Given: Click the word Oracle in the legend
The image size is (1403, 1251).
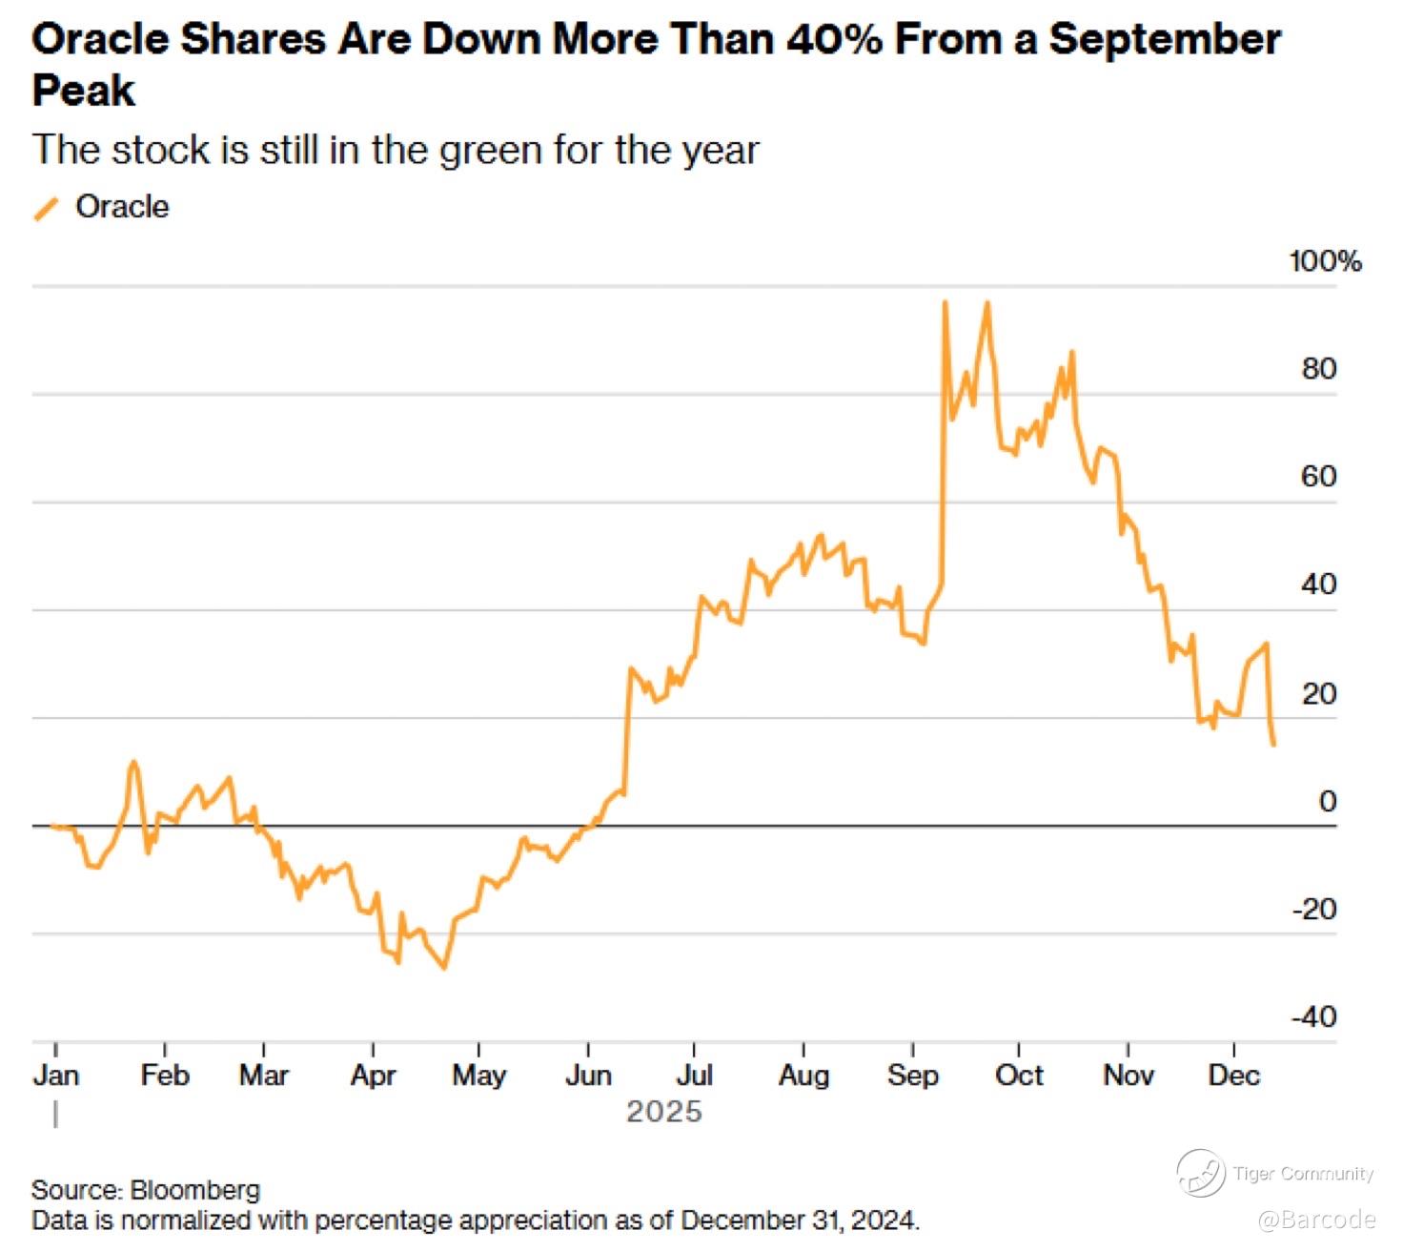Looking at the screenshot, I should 122,207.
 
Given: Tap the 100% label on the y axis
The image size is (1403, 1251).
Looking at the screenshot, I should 1325,261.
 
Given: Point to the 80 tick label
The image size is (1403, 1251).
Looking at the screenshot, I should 1319,369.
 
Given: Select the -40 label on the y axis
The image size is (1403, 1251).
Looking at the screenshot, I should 1314,1017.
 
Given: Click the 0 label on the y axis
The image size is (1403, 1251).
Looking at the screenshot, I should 1327,802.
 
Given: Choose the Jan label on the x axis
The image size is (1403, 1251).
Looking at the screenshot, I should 56,1076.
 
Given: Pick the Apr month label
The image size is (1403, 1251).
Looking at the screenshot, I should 373,1076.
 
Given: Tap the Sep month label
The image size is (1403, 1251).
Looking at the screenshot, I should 912,1076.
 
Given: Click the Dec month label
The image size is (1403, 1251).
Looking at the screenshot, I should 1233,1076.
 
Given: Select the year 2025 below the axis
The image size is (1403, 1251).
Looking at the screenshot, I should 663,1112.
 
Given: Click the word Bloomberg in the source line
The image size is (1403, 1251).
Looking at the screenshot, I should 194,1190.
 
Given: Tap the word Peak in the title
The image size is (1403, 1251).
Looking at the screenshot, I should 84,92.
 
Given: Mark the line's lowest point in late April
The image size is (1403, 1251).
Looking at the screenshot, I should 444,968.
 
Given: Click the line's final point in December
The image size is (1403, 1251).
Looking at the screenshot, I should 1273,744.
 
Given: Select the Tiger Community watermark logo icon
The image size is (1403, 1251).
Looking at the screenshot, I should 1200,1173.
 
